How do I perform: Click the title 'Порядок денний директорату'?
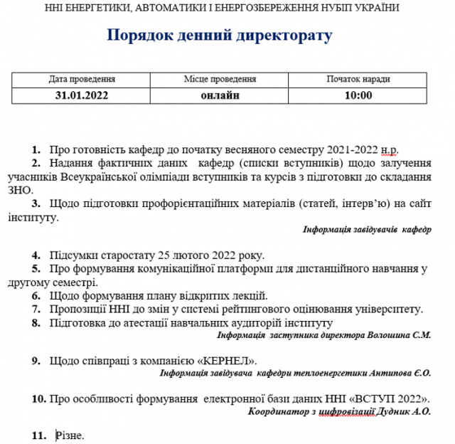click(x=219, y=36)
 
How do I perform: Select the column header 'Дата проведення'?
click(x=82, y=80)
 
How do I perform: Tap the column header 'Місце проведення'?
click(x=220, y=80)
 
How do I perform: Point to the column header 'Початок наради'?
click(x=358, y=80)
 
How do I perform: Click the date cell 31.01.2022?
click(x=82, y=95)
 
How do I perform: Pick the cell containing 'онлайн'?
click(x=220, y=95)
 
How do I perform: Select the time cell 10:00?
click(x=358, y=95)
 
